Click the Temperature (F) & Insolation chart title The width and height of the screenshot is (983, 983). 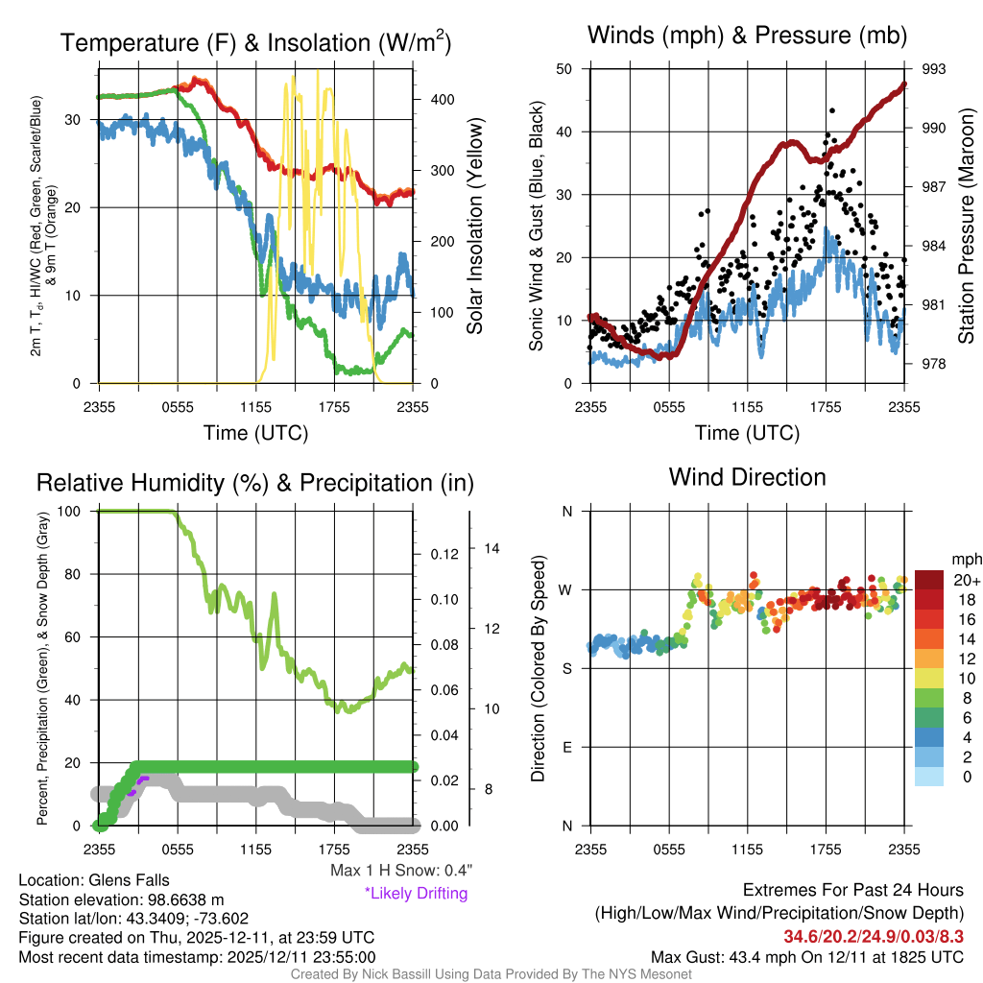[255, 43]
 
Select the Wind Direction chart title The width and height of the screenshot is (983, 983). [747, 477]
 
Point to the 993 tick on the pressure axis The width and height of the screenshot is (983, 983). [934, 69]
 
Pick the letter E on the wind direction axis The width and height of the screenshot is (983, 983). [566, 747]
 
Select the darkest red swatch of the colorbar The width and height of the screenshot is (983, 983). [929, 579]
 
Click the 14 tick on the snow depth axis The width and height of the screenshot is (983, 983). [493, 549]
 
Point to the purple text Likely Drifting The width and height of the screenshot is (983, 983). [416, 894]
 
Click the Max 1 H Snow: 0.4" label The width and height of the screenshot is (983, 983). [400, 871]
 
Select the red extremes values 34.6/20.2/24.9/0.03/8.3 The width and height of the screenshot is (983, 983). [874, 936]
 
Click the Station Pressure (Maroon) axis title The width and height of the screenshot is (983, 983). [967, 226]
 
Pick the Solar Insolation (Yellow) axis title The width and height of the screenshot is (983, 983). [475, 226]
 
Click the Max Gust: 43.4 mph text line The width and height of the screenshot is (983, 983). [807, 957]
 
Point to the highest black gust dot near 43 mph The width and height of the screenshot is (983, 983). [832, 111]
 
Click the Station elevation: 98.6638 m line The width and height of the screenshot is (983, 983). [121, 899]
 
